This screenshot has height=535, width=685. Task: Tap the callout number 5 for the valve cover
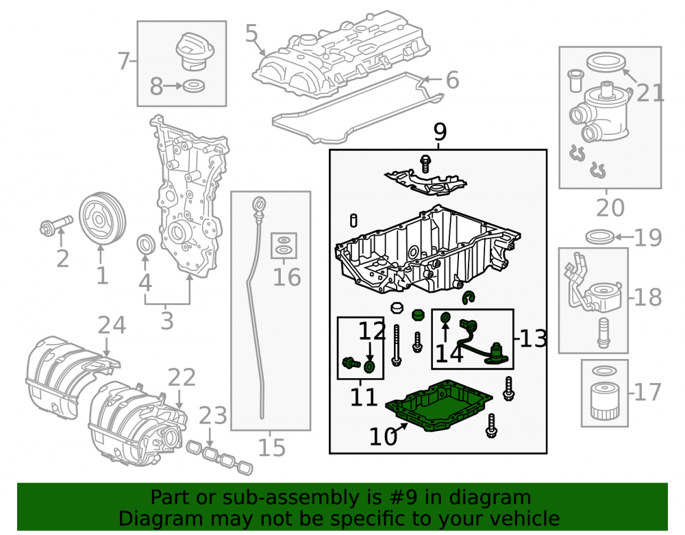(x=251, y=33)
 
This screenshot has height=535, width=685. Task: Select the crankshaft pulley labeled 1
(x=102, y=219)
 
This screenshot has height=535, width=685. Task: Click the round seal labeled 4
(x=146, y=244)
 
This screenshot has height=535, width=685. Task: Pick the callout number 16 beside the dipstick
(x=286, y=277)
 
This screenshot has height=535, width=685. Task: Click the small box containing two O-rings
(x=284, y=245)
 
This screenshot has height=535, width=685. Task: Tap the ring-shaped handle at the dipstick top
(x=259, y=204)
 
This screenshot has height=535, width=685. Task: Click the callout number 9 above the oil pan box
(x=440, y=132)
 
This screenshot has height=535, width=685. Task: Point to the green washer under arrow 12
(x=370, y=366)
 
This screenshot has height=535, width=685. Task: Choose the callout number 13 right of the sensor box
(x=533, y=338)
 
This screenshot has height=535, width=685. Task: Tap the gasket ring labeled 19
(x=600, y=237)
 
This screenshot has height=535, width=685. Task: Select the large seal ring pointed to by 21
(x=606, y=62)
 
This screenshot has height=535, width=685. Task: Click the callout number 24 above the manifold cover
(x=112, y=325)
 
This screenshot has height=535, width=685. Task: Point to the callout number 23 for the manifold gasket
(x=213, y=416)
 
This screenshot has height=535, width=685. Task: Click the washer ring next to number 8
(x=194, y=86)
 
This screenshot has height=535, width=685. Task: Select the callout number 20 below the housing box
(x=610, y=208)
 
